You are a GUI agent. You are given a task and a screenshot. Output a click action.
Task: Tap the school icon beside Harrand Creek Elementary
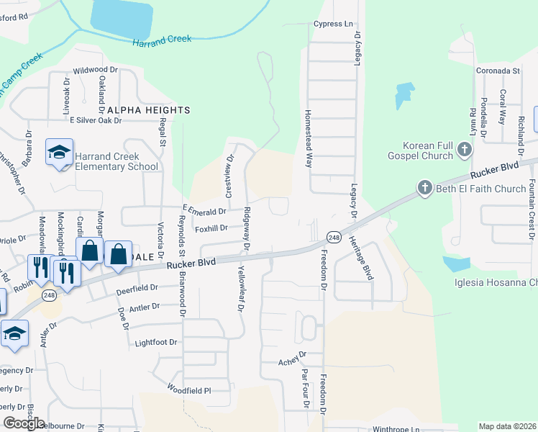(58, 153)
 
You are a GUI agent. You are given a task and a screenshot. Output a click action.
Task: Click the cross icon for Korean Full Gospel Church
(465, 150)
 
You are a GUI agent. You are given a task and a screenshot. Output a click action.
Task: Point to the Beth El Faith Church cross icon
(424, 189)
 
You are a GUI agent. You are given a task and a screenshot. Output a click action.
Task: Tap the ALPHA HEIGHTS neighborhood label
(149, 110)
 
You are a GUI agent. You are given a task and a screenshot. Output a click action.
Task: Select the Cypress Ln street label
(333, 24)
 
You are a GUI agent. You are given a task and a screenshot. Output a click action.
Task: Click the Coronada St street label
(498, 71)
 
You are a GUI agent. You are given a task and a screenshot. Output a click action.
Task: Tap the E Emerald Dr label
(205, 211)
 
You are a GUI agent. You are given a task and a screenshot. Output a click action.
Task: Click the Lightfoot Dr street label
(156, 343)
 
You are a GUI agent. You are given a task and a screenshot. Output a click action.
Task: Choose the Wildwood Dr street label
(95, 71)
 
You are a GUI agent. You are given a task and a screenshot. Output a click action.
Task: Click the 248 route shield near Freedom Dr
(333, 237)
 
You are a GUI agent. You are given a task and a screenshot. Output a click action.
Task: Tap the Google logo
(24, 423)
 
